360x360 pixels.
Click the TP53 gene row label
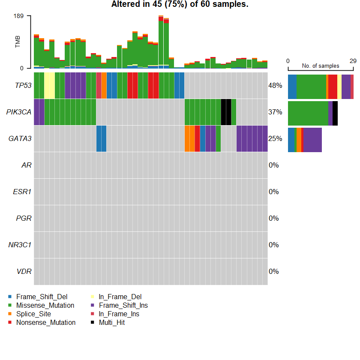[x=23, y=85]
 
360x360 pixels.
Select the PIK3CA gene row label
[x=19, y=112]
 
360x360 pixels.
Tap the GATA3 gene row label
[x=20, y=138]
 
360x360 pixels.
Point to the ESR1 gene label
[x=22, y=192]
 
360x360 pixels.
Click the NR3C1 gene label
[x=20, y=245]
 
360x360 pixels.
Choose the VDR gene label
[x=24, y=271]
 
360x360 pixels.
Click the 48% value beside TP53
[x=275, y=85]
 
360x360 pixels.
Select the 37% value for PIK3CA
[x=275, y=112]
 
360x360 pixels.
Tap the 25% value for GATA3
[x=275, y=138]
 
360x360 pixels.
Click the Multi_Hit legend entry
[x=111, y=322]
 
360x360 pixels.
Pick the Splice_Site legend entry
[x=33, y=314]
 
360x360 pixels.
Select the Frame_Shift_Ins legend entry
[x=123, y=305]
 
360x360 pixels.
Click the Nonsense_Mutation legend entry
[x=45, y=322]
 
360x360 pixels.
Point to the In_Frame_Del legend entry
[x=120, y=297]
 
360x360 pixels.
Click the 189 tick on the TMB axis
[x=19, y=16]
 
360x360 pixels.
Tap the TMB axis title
[x=18, y=42]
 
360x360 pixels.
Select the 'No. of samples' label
[x=321, y=66]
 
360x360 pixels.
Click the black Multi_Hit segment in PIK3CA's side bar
[x=335, y=113]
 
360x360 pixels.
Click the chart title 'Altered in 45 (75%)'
[x=180, y=5]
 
